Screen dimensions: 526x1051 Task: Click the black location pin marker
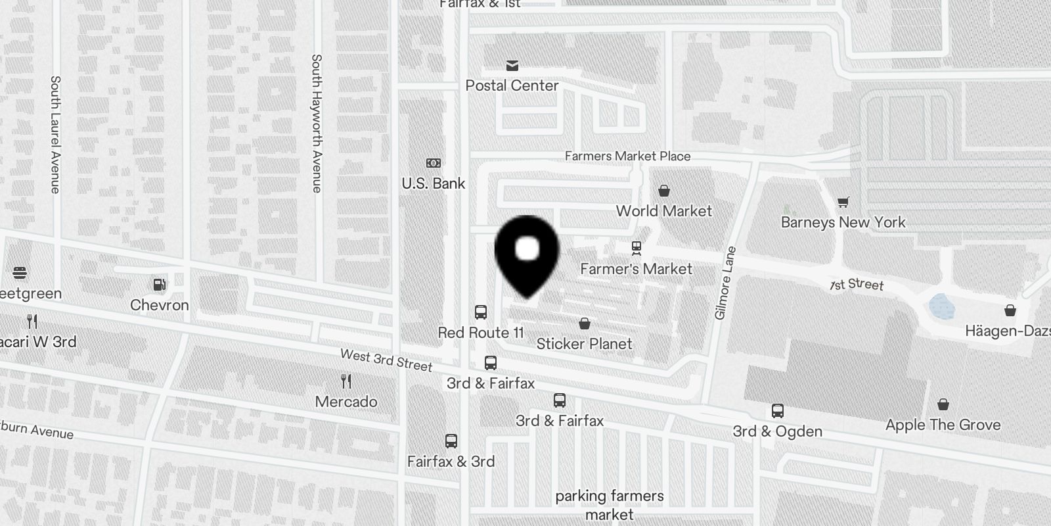click(527, 253)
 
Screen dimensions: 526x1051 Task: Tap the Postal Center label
click(512, 85)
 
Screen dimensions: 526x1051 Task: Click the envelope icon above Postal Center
click(512, 65)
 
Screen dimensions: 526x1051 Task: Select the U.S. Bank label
click(434, 183)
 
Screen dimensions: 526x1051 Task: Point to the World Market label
click(663, 211)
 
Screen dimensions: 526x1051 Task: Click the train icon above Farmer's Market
click(636, 248)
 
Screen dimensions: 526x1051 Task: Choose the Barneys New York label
click(843, 222)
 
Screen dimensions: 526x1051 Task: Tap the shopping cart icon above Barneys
click(843, 202)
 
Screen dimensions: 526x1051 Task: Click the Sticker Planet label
click(584, 344)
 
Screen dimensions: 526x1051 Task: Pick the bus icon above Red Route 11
click(481, 312)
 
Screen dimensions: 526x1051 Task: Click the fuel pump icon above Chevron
click(159, 284)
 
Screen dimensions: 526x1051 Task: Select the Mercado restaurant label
click(346, 402)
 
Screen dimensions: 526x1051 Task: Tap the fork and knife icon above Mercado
click(346, 381)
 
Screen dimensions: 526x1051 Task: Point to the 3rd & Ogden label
click(778, 431)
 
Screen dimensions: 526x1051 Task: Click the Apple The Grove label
click(943, 425)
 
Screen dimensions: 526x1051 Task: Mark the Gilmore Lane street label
click(726, 283)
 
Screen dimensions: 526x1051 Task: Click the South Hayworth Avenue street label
click(317, 123)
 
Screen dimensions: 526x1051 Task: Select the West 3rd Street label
click(386, 360)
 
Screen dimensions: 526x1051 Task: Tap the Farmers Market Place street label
click(627, 156)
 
